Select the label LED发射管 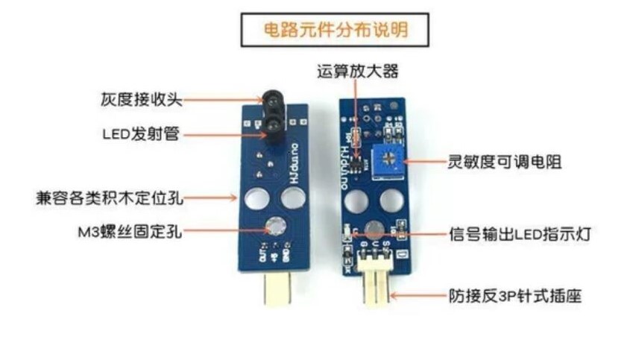tap(141, 135)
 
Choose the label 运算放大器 tap(358, 72)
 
